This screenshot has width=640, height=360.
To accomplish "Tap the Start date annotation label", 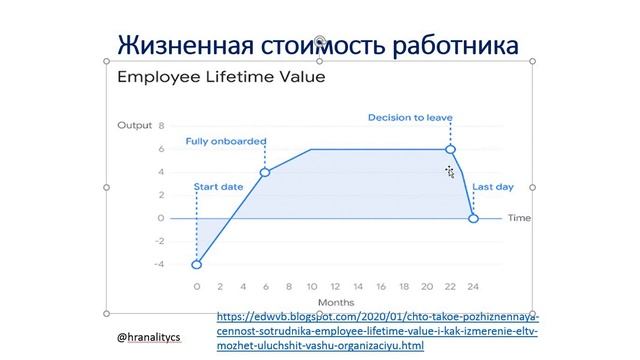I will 217,187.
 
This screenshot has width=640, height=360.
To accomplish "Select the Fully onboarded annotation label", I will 225,141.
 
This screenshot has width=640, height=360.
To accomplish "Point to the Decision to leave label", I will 410,118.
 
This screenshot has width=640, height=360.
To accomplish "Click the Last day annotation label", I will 494,187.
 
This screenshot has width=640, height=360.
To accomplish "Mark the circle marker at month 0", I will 197,264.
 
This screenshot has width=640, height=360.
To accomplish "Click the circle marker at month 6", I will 265,173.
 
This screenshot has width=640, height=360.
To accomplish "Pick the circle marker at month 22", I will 451,150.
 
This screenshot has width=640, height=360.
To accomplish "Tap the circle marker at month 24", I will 473,218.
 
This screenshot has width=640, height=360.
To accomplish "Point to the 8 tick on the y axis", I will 161,127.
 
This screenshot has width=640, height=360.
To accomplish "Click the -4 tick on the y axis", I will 159,264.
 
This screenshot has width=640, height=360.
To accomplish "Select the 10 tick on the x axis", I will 311,286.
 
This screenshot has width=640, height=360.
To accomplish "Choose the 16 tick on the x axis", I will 380,286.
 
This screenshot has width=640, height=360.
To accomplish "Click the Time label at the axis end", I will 519,218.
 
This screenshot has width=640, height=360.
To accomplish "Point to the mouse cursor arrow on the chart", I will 450,172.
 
